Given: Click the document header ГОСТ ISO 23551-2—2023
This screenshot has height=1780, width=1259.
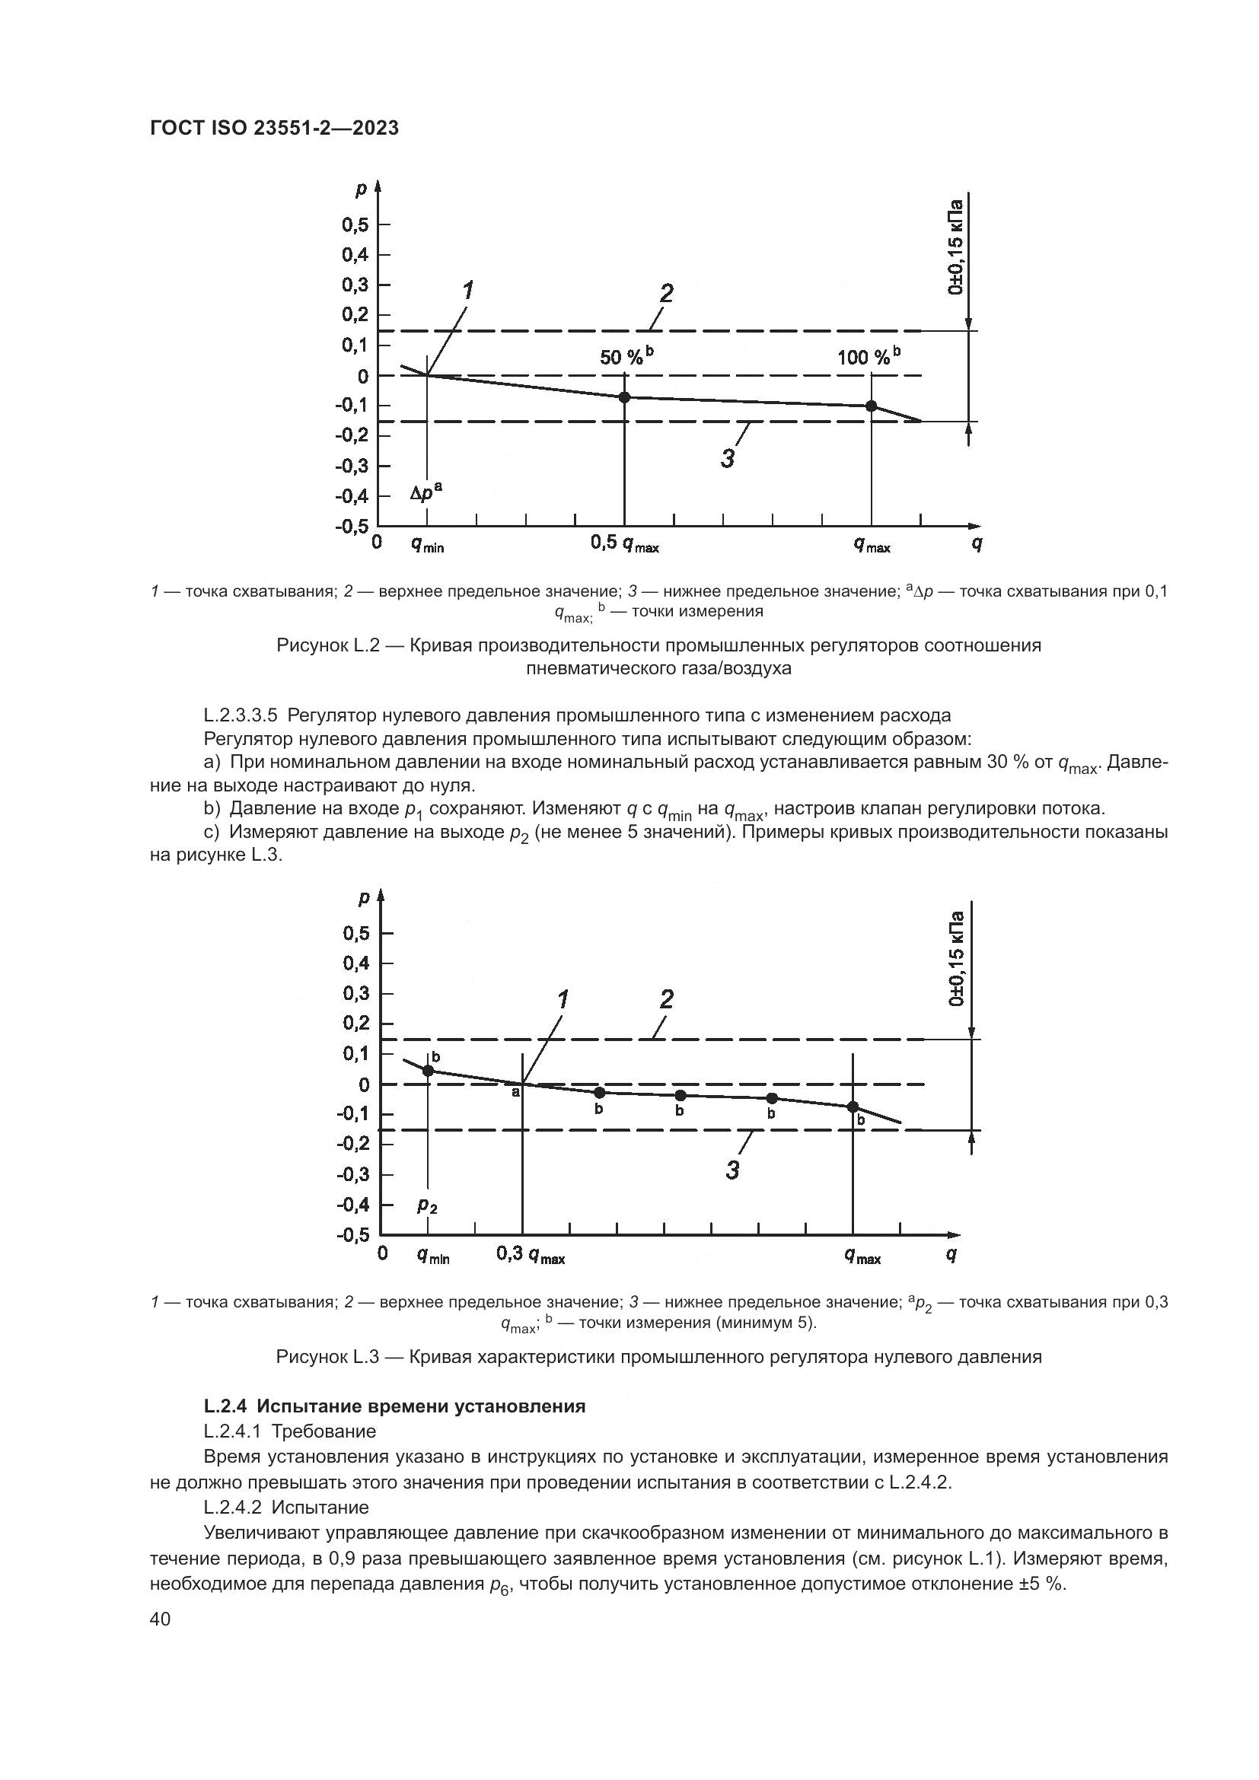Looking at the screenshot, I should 274,129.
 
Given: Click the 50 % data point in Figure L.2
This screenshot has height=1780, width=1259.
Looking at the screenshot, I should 624,397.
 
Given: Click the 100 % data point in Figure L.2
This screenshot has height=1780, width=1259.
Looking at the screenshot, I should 872,406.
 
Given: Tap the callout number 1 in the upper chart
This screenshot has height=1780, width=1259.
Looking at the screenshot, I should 468,291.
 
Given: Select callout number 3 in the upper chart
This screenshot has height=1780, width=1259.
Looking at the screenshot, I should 727,459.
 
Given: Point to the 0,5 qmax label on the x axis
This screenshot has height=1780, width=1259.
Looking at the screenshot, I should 624,544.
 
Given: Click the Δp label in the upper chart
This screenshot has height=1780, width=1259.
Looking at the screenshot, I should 426,492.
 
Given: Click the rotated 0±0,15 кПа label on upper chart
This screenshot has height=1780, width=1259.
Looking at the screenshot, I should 956,247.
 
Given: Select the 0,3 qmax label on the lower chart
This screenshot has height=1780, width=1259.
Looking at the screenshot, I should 531,1255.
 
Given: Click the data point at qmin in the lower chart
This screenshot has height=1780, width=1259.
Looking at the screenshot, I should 428,1071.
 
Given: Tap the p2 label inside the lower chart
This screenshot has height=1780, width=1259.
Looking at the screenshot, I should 427,1204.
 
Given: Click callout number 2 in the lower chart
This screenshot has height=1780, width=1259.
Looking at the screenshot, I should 666,1000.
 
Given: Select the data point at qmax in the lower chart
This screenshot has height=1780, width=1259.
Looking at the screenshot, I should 853,1107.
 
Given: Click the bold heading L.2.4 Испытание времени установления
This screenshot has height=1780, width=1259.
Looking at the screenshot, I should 394,1406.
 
